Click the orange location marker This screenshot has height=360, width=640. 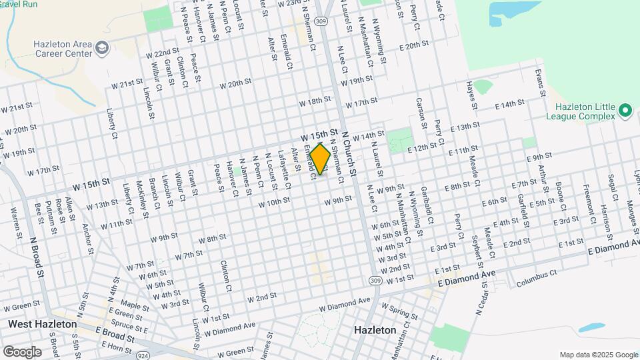(x=320, y=159)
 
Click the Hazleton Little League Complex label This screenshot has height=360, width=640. (x=586, y=111)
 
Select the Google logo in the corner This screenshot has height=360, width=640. (x=22, y=351)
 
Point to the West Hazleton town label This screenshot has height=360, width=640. (x=41, y=324)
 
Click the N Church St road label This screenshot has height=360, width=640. (x=350, y=153)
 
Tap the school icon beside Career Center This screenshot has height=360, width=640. (x=102, y=47)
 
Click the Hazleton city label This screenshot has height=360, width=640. (x=375, y=330)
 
